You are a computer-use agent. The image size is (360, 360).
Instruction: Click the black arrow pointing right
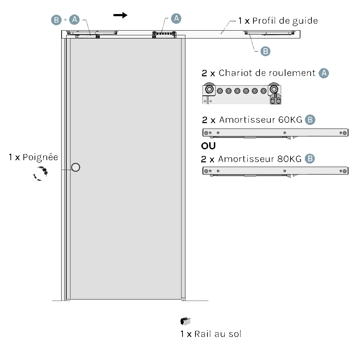click(x=120, y=15)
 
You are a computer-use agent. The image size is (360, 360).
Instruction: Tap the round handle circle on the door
click(x=76, y=167)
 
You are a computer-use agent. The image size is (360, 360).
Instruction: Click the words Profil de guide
click(x=285, y=21)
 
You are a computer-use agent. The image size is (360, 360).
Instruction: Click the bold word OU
click(x=208, y=146)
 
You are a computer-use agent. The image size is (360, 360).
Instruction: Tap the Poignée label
click(x=40, y=157)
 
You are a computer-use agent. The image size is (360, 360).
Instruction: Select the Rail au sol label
click(x=217, y=334)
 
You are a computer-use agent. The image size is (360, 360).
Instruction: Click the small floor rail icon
click(x=185, y=321)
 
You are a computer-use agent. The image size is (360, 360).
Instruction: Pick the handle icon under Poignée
click(x=40, y=173)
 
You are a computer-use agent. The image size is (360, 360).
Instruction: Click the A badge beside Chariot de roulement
click(x=324, y=73)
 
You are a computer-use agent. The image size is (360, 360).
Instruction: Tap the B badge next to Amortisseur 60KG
click(x=310, y=120)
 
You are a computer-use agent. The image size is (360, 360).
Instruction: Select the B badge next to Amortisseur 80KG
click(x=310, y=159)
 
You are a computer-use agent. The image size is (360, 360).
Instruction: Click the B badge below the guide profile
click(x=265, y=51)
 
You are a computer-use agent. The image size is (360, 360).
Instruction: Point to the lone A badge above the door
click(x=176, y=18)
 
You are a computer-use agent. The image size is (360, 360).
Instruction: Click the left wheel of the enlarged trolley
click(x=208, y=89)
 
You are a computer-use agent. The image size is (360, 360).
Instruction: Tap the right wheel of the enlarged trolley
click(x=274, y=89)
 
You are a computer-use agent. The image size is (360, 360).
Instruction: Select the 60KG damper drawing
click(x=275, y=133)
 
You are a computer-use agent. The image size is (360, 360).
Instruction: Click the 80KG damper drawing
click(x=275, y=171)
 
